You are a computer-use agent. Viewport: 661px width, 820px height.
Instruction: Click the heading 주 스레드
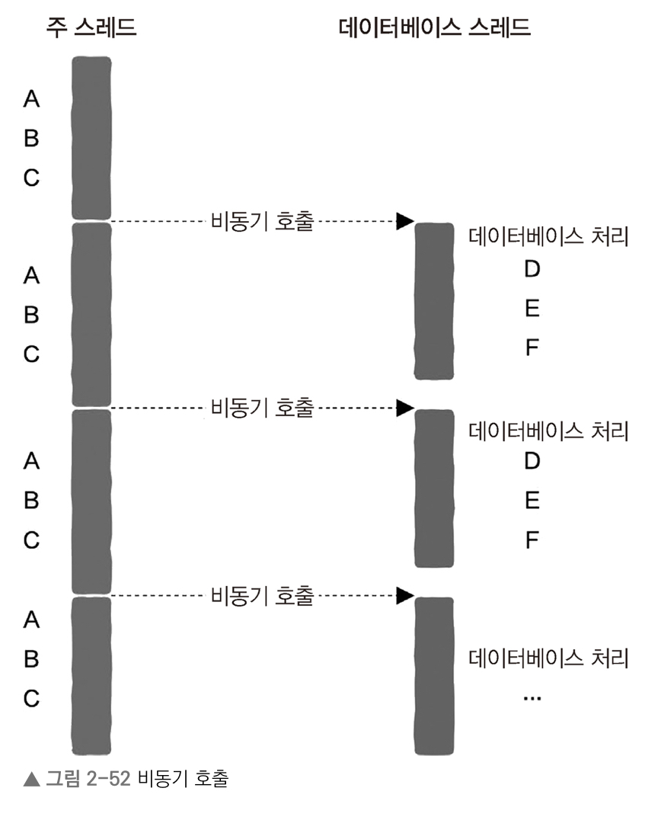(91, 28)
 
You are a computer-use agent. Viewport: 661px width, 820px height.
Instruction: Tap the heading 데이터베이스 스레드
(434, 28)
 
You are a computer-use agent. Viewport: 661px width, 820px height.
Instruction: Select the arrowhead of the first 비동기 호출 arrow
(405, 221)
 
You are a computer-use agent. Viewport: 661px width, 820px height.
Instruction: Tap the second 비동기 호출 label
(261, 408)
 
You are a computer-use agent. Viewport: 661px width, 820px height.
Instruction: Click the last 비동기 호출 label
(261, 595)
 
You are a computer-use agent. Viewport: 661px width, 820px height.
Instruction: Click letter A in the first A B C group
(31, 98)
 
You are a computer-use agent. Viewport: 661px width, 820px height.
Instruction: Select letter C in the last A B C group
(31, 698)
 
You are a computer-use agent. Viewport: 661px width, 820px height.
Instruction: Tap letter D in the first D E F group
(532, 269)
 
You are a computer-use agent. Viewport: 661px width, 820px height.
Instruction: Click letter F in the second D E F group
(532, 540)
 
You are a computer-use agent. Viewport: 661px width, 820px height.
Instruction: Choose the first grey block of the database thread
(434, 300)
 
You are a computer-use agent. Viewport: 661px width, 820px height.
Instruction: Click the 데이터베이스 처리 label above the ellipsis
(548, 658)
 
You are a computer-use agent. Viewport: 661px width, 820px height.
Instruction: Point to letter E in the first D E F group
(532, 308)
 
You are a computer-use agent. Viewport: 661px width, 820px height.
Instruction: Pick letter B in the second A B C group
(31, 314)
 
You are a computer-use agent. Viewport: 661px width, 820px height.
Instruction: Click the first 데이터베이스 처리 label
(548, 238)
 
